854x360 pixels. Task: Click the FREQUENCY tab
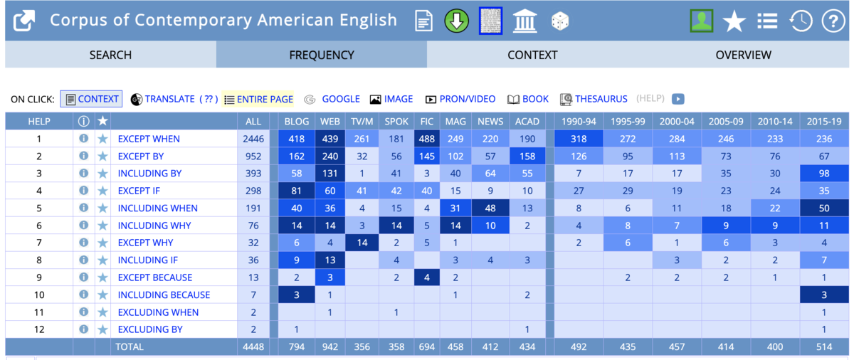(x=322, y=55)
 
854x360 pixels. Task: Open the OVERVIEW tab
(x=743, y=55)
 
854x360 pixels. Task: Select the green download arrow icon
(x=456, y=21)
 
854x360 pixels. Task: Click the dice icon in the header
(x=560, y=21)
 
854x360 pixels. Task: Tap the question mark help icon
(x=833, y=21)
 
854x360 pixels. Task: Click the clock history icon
(x=801, y=21)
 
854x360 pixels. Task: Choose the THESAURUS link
(x=601, y=99)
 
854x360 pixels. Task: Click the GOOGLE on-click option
(x=340, y=99)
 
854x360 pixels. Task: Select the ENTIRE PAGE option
(x=265, y=100)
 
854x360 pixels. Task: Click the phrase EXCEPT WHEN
(x=149, y=139)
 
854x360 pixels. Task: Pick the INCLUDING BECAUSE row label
(x=164, y=295)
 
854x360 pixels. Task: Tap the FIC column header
(x=426, y=122)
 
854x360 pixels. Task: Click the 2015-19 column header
(x=824, y=122)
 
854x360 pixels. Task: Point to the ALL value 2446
(x=253, y=139)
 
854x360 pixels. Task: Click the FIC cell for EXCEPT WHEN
(x=426, y=139)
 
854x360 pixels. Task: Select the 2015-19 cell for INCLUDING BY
(x=824, y=174)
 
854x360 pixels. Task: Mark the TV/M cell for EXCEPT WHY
(x=362, y=243)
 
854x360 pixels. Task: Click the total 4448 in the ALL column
(x=253, y=347)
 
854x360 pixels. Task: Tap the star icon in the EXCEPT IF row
(x=102, y=191)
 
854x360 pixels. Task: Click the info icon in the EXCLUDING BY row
(x=83, y=329)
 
